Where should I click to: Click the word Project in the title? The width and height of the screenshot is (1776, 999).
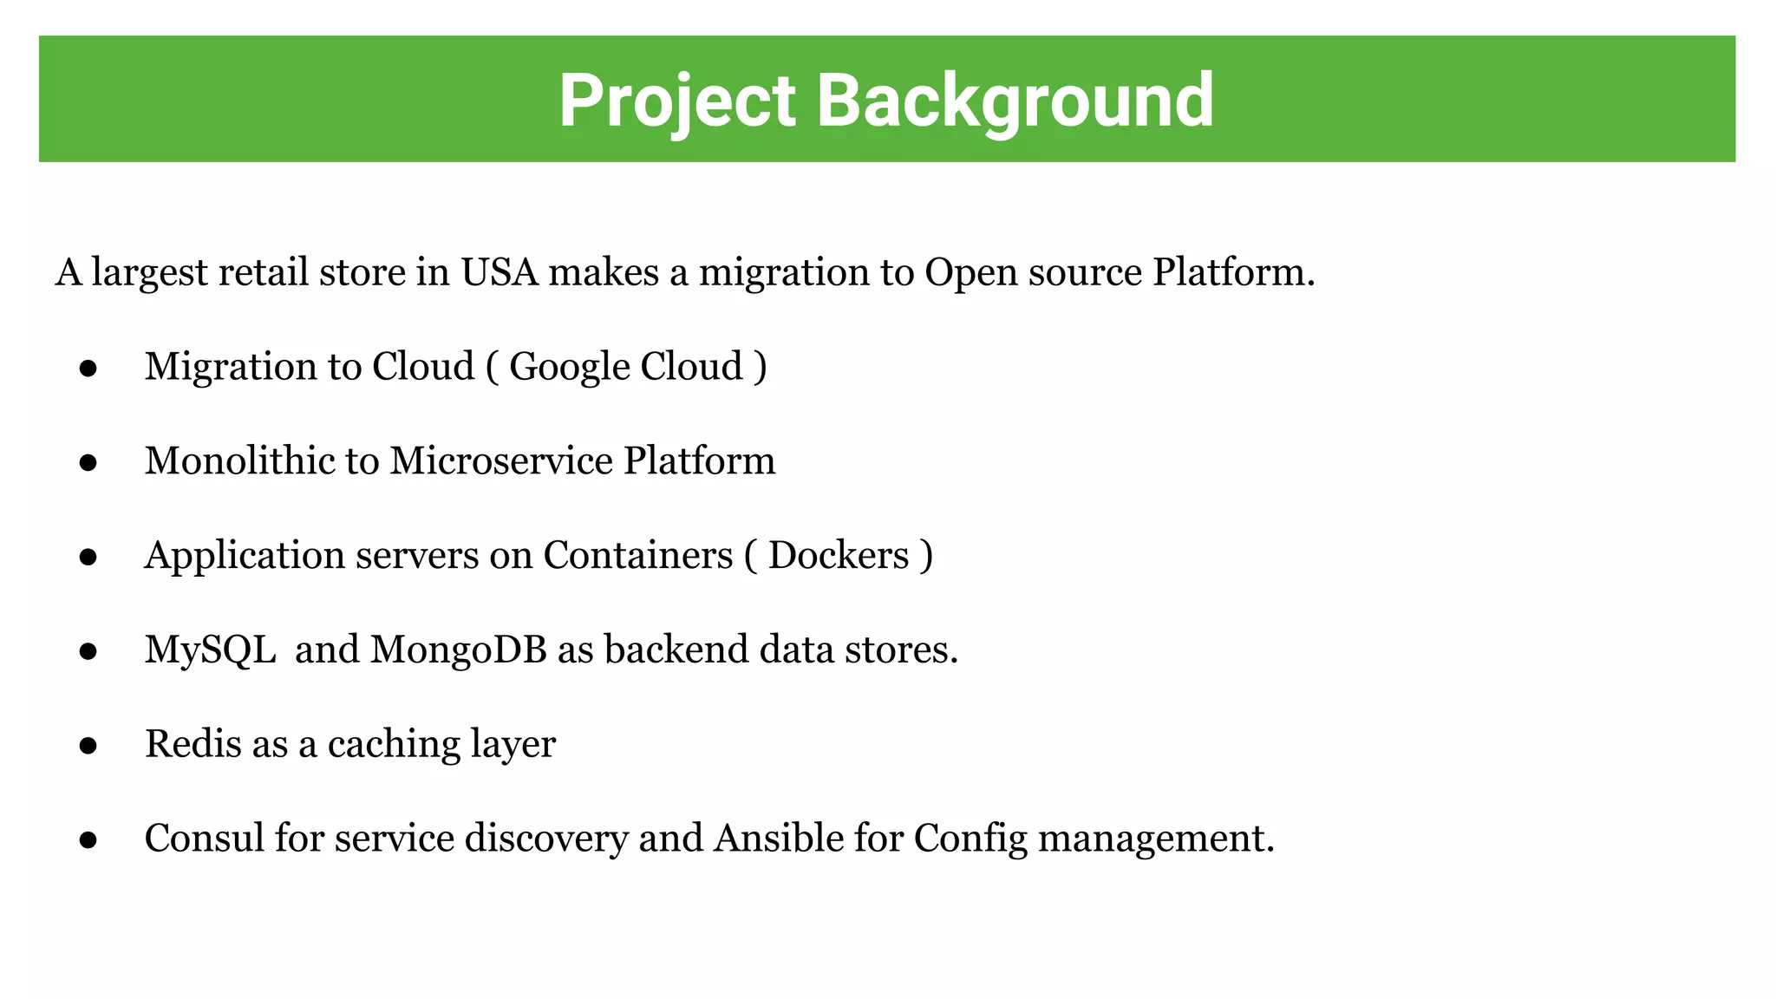[676, 101]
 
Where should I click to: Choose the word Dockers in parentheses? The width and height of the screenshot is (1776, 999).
[838, 555]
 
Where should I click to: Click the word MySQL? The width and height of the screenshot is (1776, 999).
[210, 650]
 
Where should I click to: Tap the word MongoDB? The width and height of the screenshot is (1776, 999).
[459, 650]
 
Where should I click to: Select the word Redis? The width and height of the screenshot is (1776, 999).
[193, 744]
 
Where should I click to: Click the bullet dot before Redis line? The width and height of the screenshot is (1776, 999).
[88, 745]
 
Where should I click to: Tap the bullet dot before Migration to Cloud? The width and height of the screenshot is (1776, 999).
[88, 369]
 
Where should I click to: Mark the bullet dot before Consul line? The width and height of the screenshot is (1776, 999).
[88, 839]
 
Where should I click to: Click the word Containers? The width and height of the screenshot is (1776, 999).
[637, 555]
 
